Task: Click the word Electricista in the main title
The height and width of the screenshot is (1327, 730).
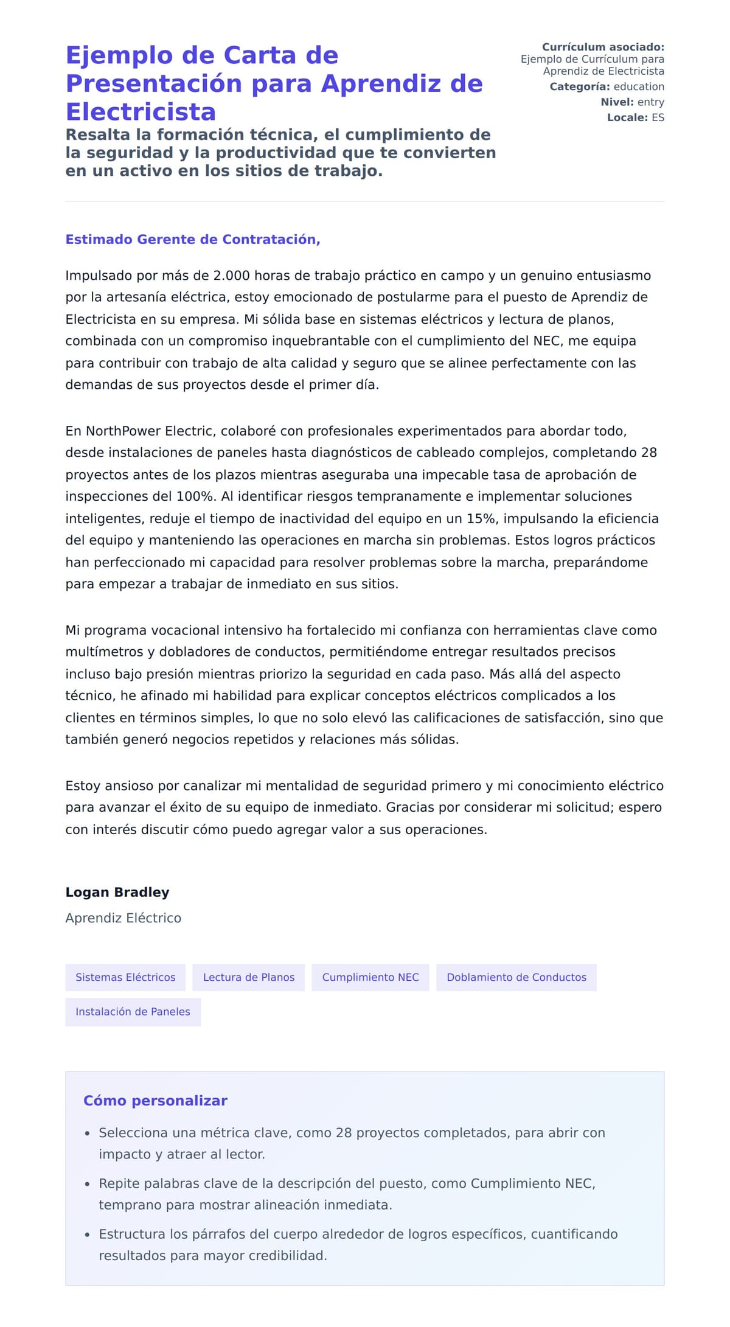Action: click(141, 112)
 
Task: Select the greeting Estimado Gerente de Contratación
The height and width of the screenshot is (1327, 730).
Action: click(192, 240)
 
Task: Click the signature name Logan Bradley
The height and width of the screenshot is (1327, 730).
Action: click(117, 892)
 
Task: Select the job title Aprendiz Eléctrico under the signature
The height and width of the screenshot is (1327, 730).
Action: click(123, 918)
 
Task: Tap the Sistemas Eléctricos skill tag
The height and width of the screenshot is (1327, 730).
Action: click(125, 977)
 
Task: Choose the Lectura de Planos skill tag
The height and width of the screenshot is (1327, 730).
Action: click(248, 977)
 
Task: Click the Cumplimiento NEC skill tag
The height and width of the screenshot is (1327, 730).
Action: click(370, 977)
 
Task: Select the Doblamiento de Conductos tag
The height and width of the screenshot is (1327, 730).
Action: click(516, 977)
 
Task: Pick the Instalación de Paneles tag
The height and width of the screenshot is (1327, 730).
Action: click(133, 1011)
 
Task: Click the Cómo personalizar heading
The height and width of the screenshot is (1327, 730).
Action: click(155, 1101)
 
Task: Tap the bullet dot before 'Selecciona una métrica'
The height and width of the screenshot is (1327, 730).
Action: click(87, 1134)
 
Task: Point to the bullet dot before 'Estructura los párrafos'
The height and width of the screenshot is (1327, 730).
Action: click(87, 1235)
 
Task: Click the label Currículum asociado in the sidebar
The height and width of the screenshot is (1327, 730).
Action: click(602, 47)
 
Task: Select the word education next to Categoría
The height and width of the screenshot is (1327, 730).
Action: click(638, 86)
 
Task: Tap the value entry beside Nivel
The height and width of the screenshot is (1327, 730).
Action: click(650, 102)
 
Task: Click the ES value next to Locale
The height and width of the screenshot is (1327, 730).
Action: click(658, 117)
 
